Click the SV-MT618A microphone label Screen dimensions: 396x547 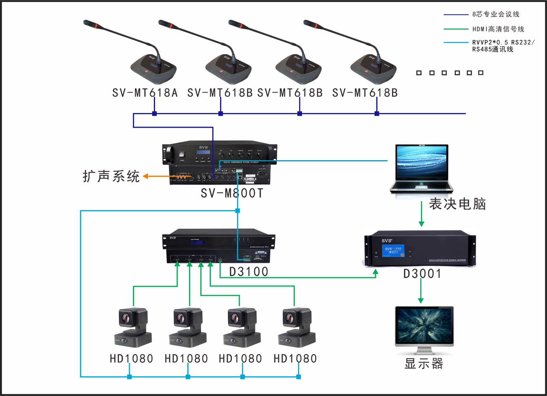click(x=145, y=93)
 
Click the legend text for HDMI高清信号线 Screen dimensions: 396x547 click(x=498, y=29)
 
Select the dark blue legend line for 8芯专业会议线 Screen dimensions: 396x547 click(x=456, y=15)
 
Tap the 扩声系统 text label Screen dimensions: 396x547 click(x=111, y=176)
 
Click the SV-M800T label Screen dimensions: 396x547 click(x=232, y=193)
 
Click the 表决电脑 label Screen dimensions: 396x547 click(x=457, y=204)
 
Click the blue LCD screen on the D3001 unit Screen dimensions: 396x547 click(x=393, y=251)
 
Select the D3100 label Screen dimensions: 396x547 click(x=249, y=272)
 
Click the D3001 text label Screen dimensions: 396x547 click(x=422, y=274)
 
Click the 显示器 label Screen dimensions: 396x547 click(x=424, y=364)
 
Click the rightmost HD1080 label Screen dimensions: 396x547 click(x=295, y=359)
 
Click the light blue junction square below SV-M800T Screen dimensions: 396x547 click(x=237, y=210)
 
